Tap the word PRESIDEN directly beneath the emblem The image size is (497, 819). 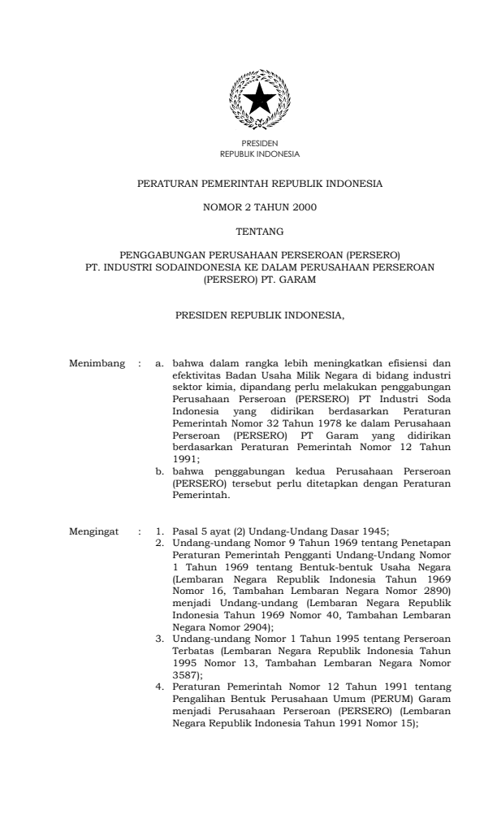(x=260, y=144)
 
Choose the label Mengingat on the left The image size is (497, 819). (x=93, y=531)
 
